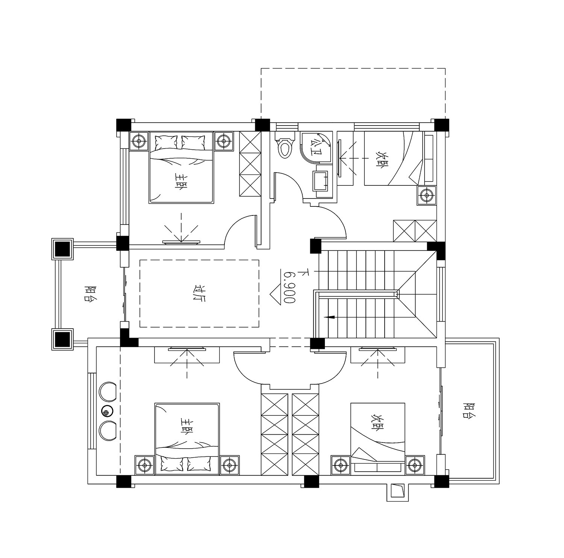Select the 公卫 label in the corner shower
point(315,148)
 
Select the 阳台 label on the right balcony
point(469,411)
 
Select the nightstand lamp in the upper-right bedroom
point(427,195)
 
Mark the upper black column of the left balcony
point(62,249)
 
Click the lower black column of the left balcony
point(62,339)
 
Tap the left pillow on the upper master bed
point(165,142)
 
